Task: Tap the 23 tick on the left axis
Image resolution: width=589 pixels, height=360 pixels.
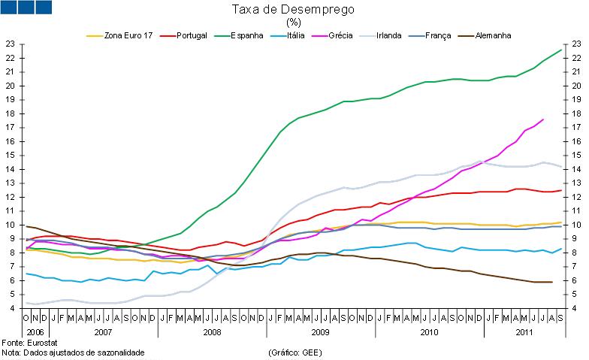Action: [x=10, y=44]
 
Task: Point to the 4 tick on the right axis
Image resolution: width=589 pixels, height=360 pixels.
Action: [x=575, y=308]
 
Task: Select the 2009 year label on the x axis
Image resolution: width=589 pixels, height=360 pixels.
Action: [x=320, y=331]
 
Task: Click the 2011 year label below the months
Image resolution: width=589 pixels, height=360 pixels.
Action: [x=525, y=331]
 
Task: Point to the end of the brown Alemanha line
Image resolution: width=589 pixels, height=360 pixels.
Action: [x=552, y=282]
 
